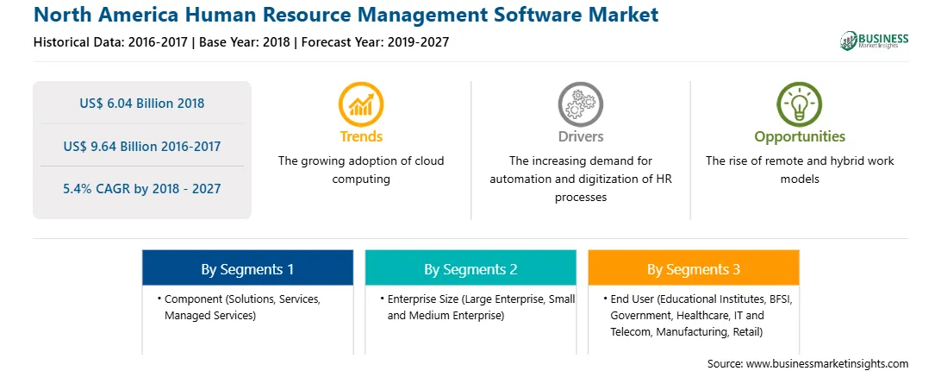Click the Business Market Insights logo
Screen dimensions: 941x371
click(x=875, y=41)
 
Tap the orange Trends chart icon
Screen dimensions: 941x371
click(x=361, y=104)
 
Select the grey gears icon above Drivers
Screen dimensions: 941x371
click(x=580, y=104)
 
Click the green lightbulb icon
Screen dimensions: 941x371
click(x=800, y=104)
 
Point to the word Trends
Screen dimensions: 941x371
click(x=361, y=136)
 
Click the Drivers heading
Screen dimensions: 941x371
click(x=580, y=136)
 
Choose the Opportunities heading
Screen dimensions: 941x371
click(x=800, y=137)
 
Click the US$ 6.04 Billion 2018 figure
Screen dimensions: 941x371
click(x=142, y=104)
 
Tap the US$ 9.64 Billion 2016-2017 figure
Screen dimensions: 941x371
click(x=142, y=146)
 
